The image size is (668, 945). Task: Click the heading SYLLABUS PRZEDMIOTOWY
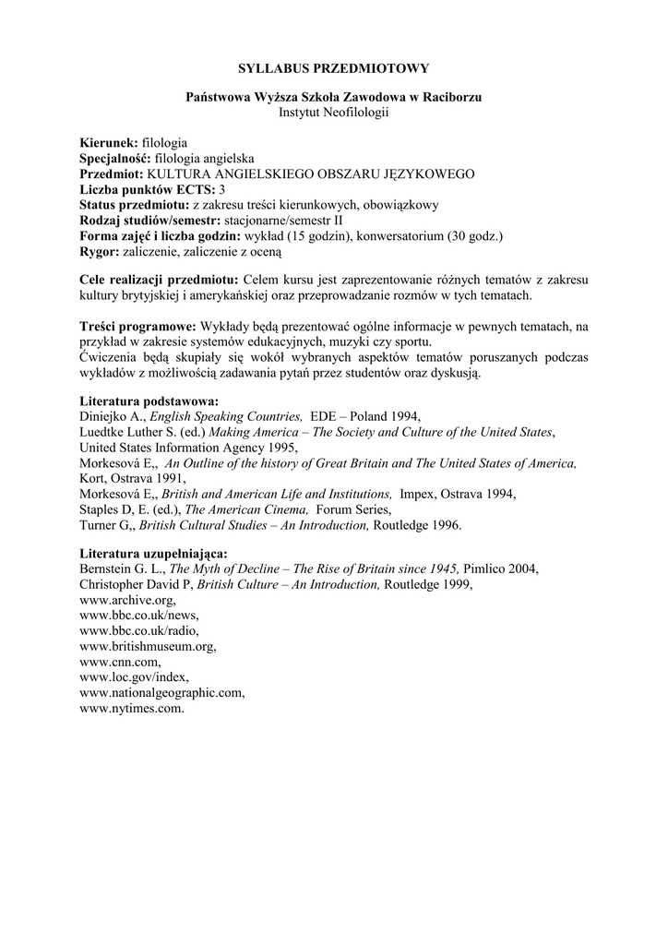tap(334, 67)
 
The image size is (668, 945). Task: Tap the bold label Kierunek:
tap(109, 144)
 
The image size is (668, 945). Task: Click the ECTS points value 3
tap(221, 189)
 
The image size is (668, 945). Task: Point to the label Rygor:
tap(100, 249)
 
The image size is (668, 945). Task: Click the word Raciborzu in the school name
tap(451, 96)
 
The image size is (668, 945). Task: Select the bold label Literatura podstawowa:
tap(149, 401)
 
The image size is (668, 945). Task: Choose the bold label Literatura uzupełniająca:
tap(153, 553)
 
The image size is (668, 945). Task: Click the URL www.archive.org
tap(128, 598)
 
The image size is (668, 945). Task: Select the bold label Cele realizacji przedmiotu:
tap(160, 280)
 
